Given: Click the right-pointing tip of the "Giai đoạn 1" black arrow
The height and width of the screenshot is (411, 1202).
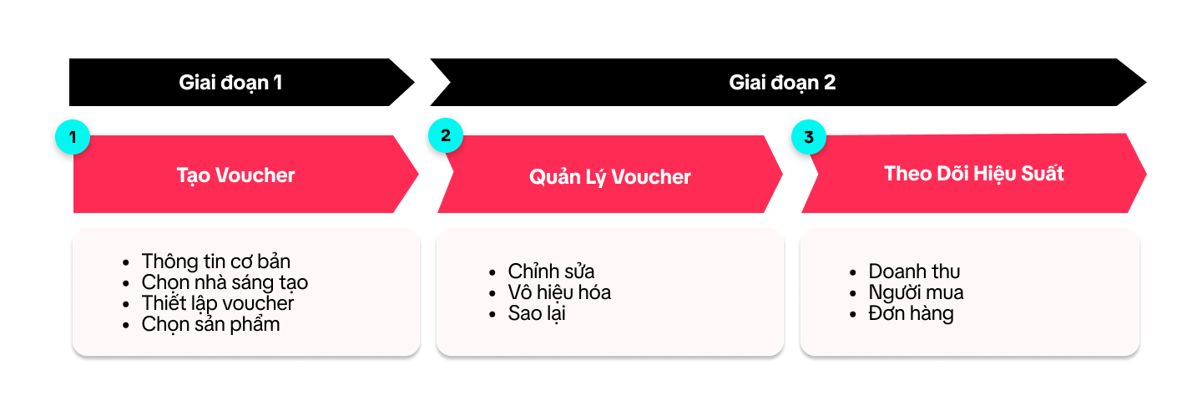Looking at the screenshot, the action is (x=415, y=83).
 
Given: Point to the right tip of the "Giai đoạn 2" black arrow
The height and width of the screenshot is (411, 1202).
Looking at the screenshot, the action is (x=1147, y=83).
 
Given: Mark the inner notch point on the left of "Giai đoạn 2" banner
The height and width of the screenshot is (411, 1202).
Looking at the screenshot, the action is (x=450, y=83).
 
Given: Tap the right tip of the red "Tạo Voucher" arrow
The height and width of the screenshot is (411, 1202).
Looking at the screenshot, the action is (x=418, y=174).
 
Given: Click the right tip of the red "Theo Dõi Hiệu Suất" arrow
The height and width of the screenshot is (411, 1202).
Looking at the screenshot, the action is (x=1147, y=174).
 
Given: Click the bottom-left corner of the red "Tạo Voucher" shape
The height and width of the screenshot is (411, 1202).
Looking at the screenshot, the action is (x=73, y=213).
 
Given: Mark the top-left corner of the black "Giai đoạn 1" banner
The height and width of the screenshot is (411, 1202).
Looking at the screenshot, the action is (x=69, y=58).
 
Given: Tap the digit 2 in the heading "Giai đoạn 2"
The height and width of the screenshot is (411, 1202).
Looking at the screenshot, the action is (x=830, y=83).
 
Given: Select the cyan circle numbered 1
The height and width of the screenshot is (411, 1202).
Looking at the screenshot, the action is (x=73, y=137).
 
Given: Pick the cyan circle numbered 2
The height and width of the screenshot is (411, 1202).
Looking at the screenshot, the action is (x=446, y=135).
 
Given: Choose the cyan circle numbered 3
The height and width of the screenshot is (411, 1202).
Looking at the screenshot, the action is (x=809, y=137).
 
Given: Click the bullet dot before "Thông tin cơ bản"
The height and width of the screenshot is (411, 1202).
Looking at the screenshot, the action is (x=125, y=262).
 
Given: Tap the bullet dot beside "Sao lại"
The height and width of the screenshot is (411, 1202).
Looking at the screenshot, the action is (x=492, y=315).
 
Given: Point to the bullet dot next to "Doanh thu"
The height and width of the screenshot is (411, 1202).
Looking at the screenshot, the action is (x=853, y=273).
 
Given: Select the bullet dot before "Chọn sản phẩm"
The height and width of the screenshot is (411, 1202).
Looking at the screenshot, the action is (x=125, y=326).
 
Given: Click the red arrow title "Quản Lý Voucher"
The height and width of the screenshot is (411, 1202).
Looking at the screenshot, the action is (x=609, y=177).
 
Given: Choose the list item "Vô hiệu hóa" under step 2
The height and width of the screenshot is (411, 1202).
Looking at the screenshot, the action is (x=559, y=292).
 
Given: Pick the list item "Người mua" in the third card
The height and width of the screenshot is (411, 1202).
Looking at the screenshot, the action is (x=916, y=292).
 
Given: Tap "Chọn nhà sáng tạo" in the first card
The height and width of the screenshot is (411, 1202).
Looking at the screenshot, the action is (x=225, y=282).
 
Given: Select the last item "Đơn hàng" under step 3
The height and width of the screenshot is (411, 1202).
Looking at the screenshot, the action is (x=912, y=313).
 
